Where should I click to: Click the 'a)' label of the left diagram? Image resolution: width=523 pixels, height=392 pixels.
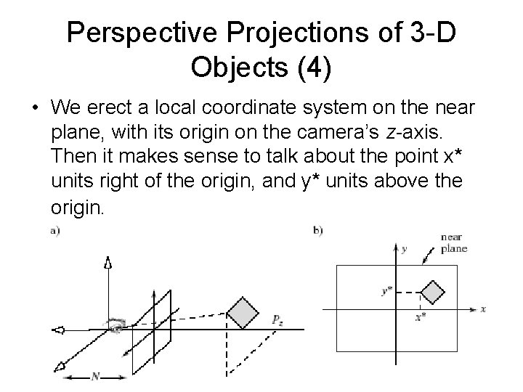[55, 232]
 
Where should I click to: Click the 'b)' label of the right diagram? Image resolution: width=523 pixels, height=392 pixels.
[317, 232]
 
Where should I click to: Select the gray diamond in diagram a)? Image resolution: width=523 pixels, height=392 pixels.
[243, 312]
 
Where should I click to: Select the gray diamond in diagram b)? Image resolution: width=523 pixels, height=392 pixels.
[433, 292]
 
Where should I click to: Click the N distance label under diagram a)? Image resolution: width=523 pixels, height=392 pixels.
[96, 376]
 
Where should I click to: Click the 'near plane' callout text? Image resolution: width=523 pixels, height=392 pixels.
[453, 243]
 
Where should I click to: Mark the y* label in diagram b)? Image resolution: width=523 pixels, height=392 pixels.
[387, 291]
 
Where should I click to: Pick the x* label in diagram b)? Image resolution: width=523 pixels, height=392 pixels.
[420, 317]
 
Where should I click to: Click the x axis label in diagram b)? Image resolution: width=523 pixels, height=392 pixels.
[482, 309]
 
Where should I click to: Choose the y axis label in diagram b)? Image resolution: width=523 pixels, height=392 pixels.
[405, 249]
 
